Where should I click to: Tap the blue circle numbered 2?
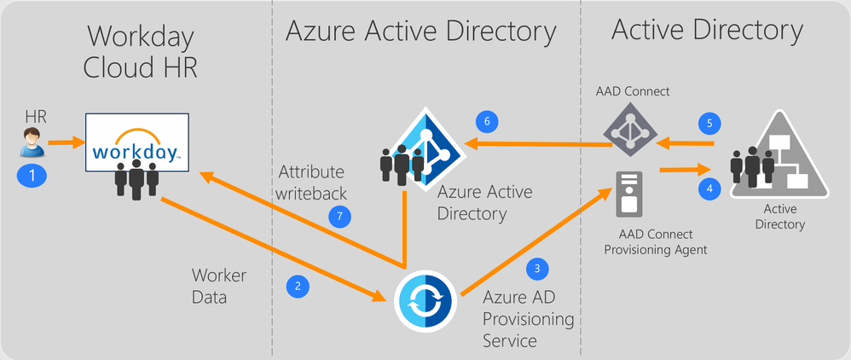[298, 287]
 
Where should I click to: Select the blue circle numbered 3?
[537, 268]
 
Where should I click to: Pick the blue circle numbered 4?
[709, 189]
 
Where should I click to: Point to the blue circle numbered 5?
[709, 123]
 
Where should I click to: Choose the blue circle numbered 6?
[487, 122]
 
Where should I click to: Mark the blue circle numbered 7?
[339, 217]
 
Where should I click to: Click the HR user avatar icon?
[31, 142]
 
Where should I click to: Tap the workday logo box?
[136, 142]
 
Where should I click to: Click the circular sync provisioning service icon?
[425, 301]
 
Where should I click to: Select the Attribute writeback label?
[310, 183]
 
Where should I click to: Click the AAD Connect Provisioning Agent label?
[656, 242]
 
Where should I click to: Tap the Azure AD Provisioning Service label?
[528, 319]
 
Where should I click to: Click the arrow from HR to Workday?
[67, 144]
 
